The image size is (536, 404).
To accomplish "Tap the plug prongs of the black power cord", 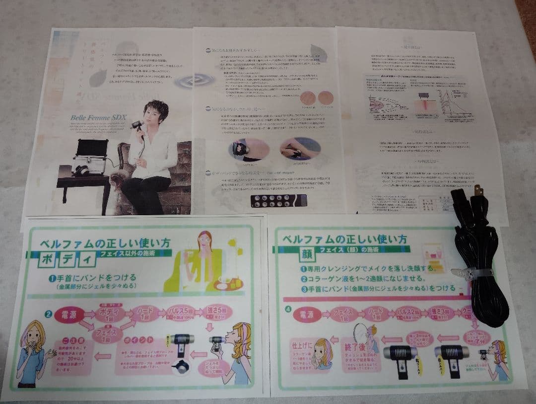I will pyautogui.click(x=478, y=190).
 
